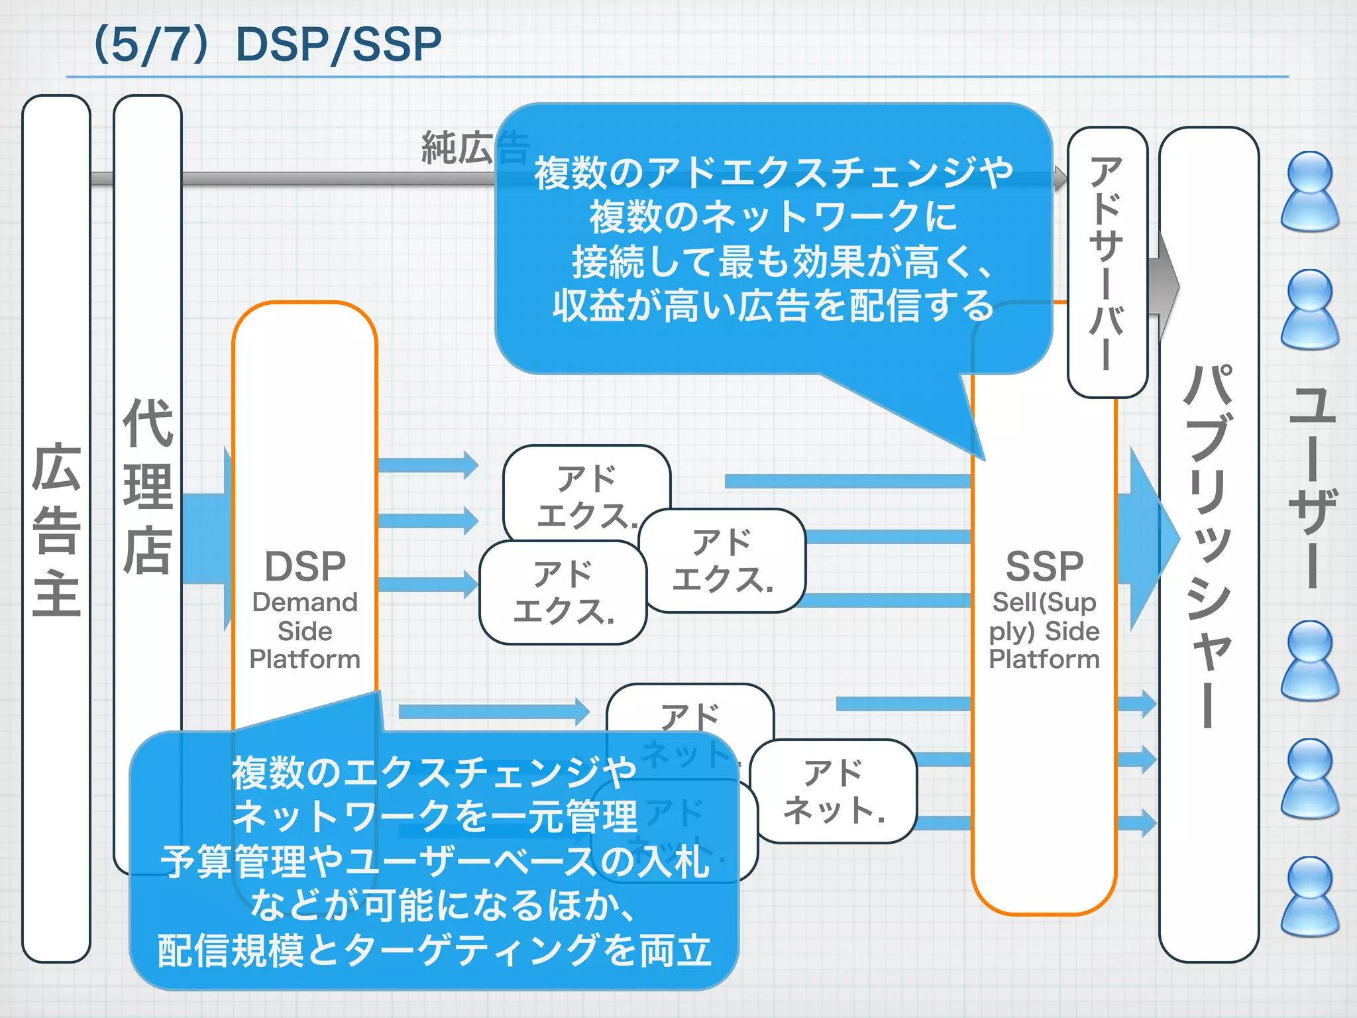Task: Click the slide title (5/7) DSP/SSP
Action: coord(268,45)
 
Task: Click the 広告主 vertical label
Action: coord(56,530)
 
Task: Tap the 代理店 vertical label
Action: coord(148,487)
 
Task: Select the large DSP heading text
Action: coord(305,567)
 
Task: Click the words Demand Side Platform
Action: coord(305,631)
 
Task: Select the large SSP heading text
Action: coord(1044,567)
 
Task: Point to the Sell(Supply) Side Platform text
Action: coord(1044,631)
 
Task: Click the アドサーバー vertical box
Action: coord(1107,262)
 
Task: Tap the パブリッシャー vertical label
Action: coord(1209,543)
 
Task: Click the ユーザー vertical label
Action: coord(1312,487)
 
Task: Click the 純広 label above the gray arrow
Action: coord(457,148)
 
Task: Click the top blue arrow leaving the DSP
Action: coord(427,465)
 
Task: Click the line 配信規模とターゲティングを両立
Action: coord(434,950)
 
